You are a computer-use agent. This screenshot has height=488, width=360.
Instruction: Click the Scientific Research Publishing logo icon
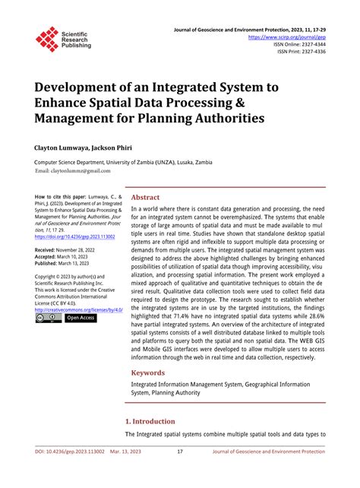coord(47,39)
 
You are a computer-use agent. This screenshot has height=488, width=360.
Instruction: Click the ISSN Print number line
coord(302,52)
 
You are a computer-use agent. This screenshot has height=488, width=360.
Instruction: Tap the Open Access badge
coord(81,318)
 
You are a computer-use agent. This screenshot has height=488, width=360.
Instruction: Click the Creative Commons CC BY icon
coord(48,318)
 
